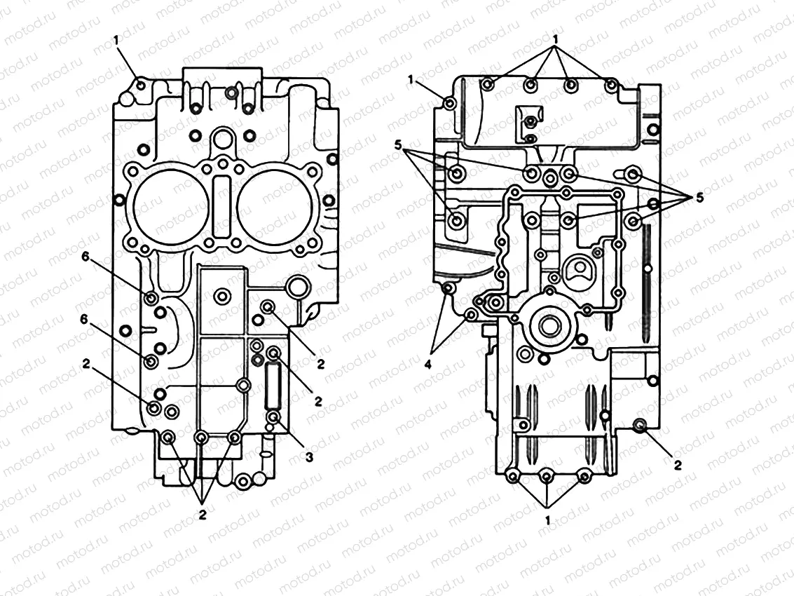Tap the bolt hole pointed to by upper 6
[151, 299]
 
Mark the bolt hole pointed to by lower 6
[151, 362]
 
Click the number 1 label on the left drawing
[116, 41]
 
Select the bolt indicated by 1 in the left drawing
[142, 86]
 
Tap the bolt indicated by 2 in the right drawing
[639, 426]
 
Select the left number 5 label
[397, 146]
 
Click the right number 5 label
[699, 198]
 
